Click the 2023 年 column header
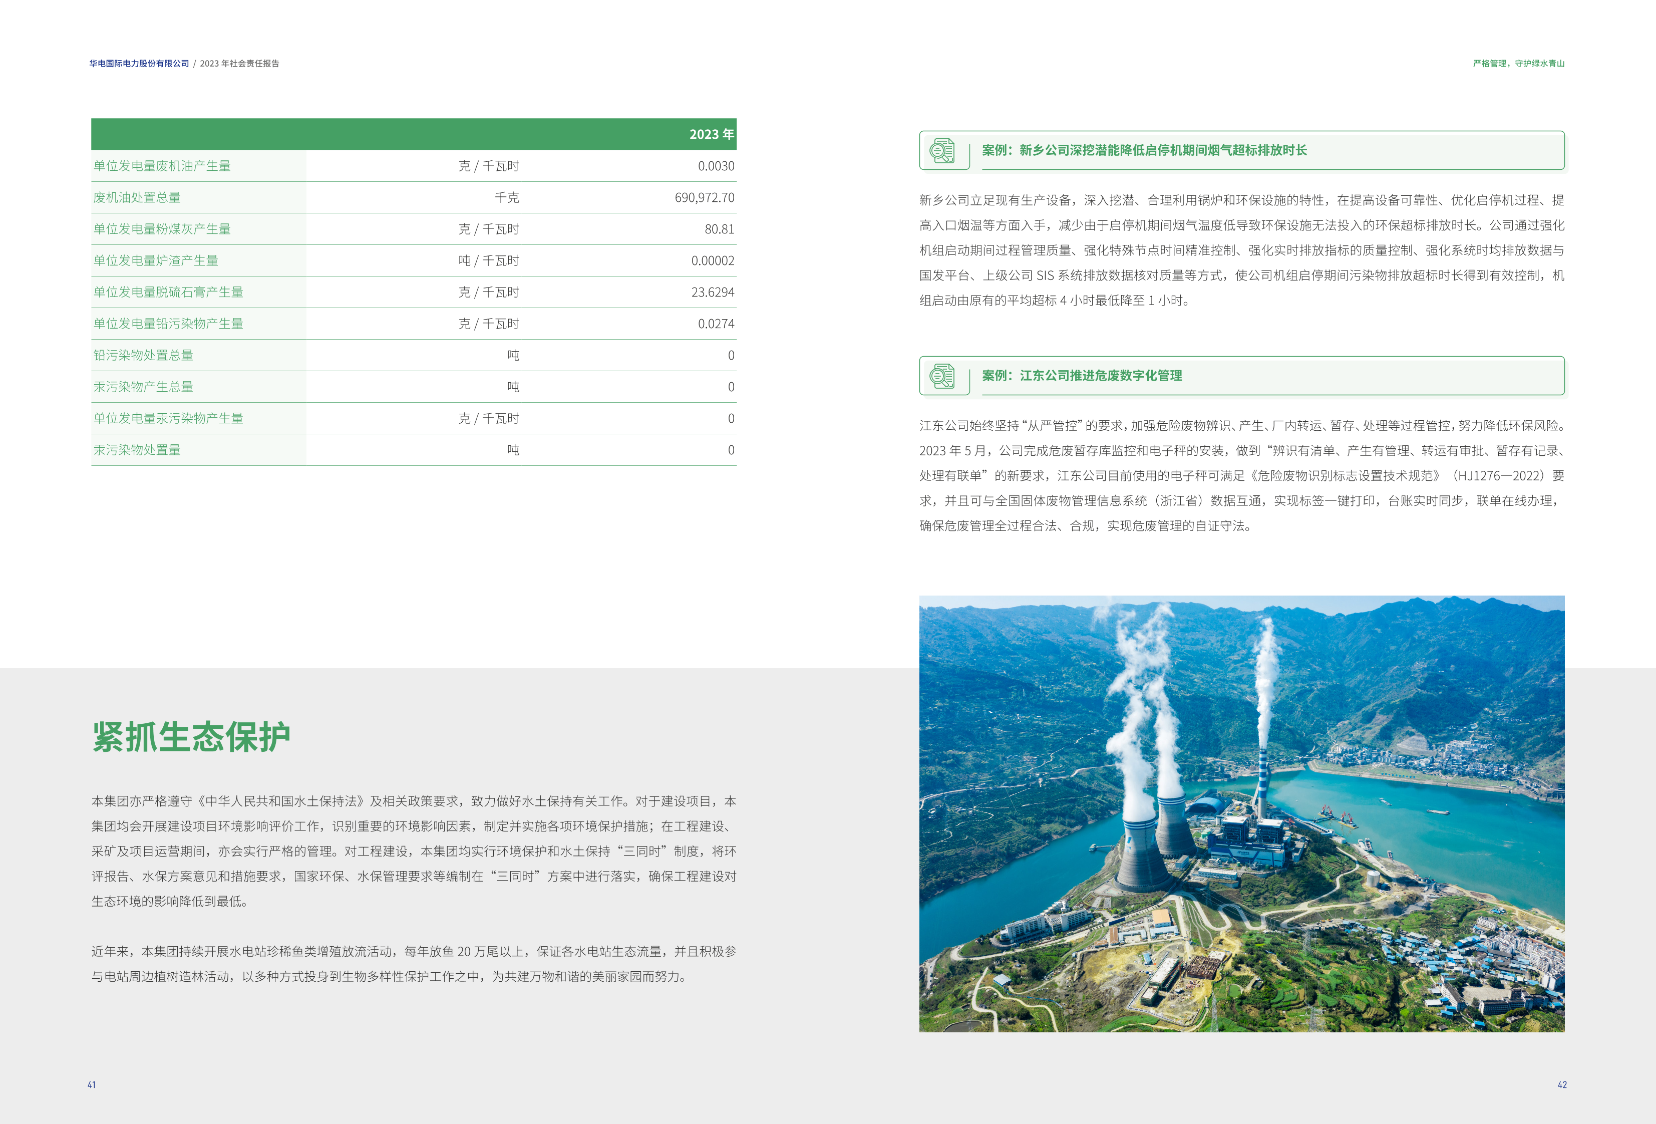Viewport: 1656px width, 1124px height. pyautogui.click(x=711, y=135)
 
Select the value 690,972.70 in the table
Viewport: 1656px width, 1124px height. pyautogui.click(x=704, y=197)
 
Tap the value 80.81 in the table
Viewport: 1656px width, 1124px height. pyautogui.click(x=719, y=229)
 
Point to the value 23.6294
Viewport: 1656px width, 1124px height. pyautogui.click(x=712, y=292)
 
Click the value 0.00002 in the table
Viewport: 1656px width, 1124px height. pyautogui.click(x=712, y=261)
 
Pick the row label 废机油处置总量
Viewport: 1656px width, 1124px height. pyautogui.click(x=137, y=197)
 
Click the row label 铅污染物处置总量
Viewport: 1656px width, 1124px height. pyautogui.click(x=143, y=355)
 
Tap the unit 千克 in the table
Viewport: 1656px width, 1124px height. pyautogui.click(x=507, y=197)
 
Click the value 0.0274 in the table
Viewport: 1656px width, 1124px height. pyautogui.click(x=716, y=324)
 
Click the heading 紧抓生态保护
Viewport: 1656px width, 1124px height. pyautogui.click(x=191, y=737)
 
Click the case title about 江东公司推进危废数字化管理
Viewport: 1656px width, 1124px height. pyautogui.click(x=1082, y=376)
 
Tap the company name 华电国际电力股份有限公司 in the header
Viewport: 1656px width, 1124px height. pyautogui.click(x=139, y=64)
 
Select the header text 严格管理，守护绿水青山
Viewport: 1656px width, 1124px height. pyautogui.click(x=1518, y=64)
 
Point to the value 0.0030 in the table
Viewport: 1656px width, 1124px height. pyautogui.click(x=716, y=166)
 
